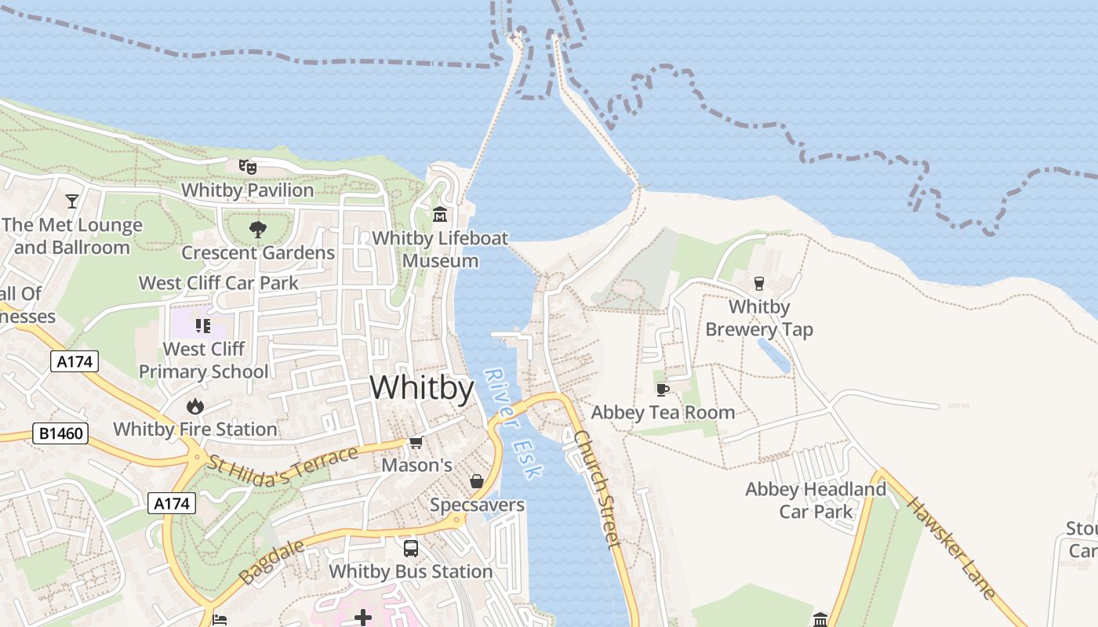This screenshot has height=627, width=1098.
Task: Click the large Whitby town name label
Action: pyautogui.click(x=422, y=388)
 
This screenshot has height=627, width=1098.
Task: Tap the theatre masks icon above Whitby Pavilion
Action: pyautogui.click(x=248, y=166)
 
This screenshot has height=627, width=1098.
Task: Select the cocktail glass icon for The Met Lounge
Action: pyautogui.click(x=72, y=201)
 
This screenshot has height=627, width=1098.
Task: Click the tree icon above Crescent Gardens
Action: pyautogui.click(x=257, y=229)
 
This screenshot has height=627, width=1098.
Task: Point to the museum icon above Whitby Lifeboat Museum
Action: pyautogui.click(x=440, y=214)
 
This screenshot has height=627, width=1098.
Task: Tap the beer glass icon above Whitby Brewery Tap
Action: pyautogui.click(x=758, y=283)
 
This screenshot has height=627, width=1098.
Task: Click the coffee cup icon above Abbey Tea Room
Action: pyautogui.click(x=663, y=390)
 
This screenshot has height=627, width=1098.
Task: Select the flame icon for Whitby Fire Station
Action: pyautogui.click(x=195, y=406)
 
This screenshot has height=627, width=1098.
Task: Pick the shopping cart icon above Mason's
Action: pyautogui.click(x=416, y=443)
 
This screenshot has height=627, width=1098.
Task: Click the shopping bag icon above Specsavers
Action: pyautogui.click(x=476, y=481)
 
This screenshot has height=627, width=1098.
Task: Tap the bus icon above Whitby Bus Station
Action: pyautogui.click(x=410, y=549)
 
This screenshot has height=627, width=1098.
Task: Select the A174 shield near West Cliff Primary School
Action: pyautogui.click(x=75, y=361)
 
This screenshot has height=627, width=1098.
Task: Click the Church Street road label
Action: pyautogui.click(x=598, y=488)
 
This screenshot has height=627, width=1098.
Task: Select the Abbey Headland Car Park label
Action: pyautogui.click(x=816, y=500)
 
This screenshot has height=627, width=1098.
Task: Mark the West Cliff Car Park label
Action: pyautogui.click(x=219, y=283)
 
